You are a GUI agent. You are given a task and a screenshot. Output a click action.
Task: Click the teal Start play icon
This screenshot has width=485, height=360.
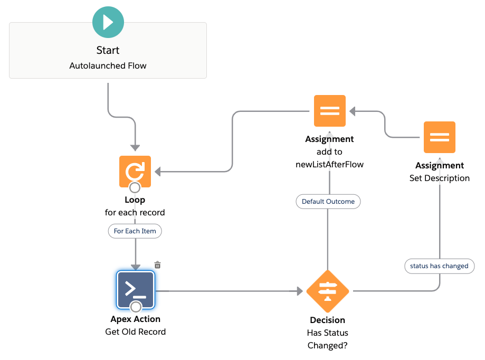(x=108, y=22)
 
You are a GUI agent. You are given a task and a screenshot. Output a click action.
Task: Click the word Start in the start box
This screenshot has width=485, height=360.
(x=108, y=50)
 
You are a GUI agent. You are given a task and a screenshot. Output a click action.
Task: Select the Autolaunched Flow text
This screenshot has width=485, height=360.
(x=108, y=66)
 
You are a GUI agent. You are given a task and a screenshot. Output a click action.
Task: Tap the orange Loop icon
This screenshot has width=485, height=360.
(x=135, y=170)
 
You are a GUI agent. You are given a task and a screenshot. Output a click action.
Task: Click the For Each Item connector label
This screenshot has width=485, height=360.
(x=135, y=231)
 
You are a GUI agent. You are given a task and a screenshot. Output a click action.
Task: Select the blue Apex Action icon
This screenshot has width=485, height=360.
(x=135, y=289)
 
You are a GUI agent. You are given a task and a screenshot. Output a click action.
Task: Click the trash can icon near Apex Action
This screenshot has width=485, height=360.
(x=157, y=265)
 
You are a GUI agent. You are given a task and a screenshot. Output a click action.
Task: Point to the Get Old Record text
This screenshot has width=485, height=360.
(x=135, y=332)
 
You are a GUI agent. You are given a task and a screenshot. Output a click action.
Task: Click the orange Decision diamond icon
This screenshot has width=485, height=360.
(x=328, y=291)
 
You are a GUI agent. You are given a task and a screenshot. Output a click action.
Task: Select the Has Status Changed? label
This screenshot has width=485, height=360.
(x=327, y=339)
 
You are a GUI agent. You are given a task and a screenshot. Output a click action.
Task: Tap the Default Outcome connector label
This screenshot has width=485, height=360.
(x=328, y=202)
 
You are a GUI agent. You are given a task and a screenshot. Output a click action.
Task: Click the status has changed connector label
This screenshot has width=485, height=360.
(x=439, y=266)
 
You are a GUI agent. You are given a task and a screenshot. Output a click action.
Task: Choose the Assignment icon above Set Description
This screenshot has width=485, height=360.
(x=439, y=137)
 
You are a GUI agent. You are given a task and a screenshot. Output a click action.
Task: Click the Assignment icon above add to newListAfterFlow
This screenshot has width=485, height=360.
(x=329, y=111)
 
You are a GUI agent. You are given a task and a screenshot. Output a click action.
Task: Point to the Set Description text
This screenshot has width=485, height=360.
(x=439, y=178)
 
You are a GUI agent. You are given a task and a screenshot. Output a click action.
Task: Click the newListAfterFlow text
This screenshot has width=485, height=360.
(x=329, y=165)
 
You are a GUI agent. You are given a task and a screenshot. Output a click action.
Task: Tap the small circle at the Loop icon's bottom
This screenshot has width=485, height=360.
(x=135, y=187)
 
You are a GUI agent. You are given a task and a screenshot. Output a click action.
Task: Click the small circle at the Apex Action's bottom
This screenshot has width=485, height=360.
(x=136, y=307)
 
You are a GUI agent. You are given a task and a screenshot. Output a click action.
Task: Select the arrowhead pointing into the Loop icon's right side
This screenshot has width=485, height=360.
(x=157, y=171)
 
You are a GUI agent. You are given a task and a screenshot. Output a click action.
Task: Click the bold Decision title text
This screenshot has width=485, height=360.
(x=327, y=320)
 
